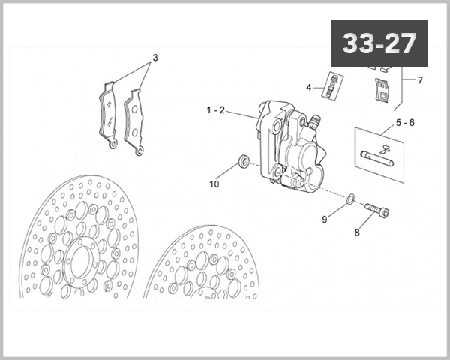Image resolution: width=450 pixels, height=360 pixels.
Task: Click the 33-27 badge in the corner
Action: [379, 43]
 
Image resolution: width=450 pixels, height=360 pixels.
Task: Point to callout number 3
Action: [155, 58]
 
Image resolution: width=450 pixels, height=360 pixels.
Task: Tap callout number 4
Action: [308, 88]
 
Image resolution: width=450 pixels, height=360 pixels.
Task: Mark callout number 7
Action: [420, 79]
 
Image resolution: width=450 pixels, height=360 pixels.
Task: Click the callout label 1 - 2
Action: [215, 110]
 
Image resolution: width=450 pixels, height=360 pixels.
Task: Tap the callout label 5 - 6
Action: [404, 122]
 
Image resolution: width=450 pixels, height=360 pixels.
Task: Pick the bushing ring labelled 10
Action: [244, 160]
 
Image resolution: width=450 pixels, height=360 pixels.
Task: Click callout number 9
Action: [325, 219]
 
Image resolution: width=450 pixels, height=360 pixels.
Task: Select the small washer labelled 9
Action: [350, 199]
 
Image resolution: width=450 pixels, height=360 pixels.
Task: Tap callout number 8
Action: [357, 232]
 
